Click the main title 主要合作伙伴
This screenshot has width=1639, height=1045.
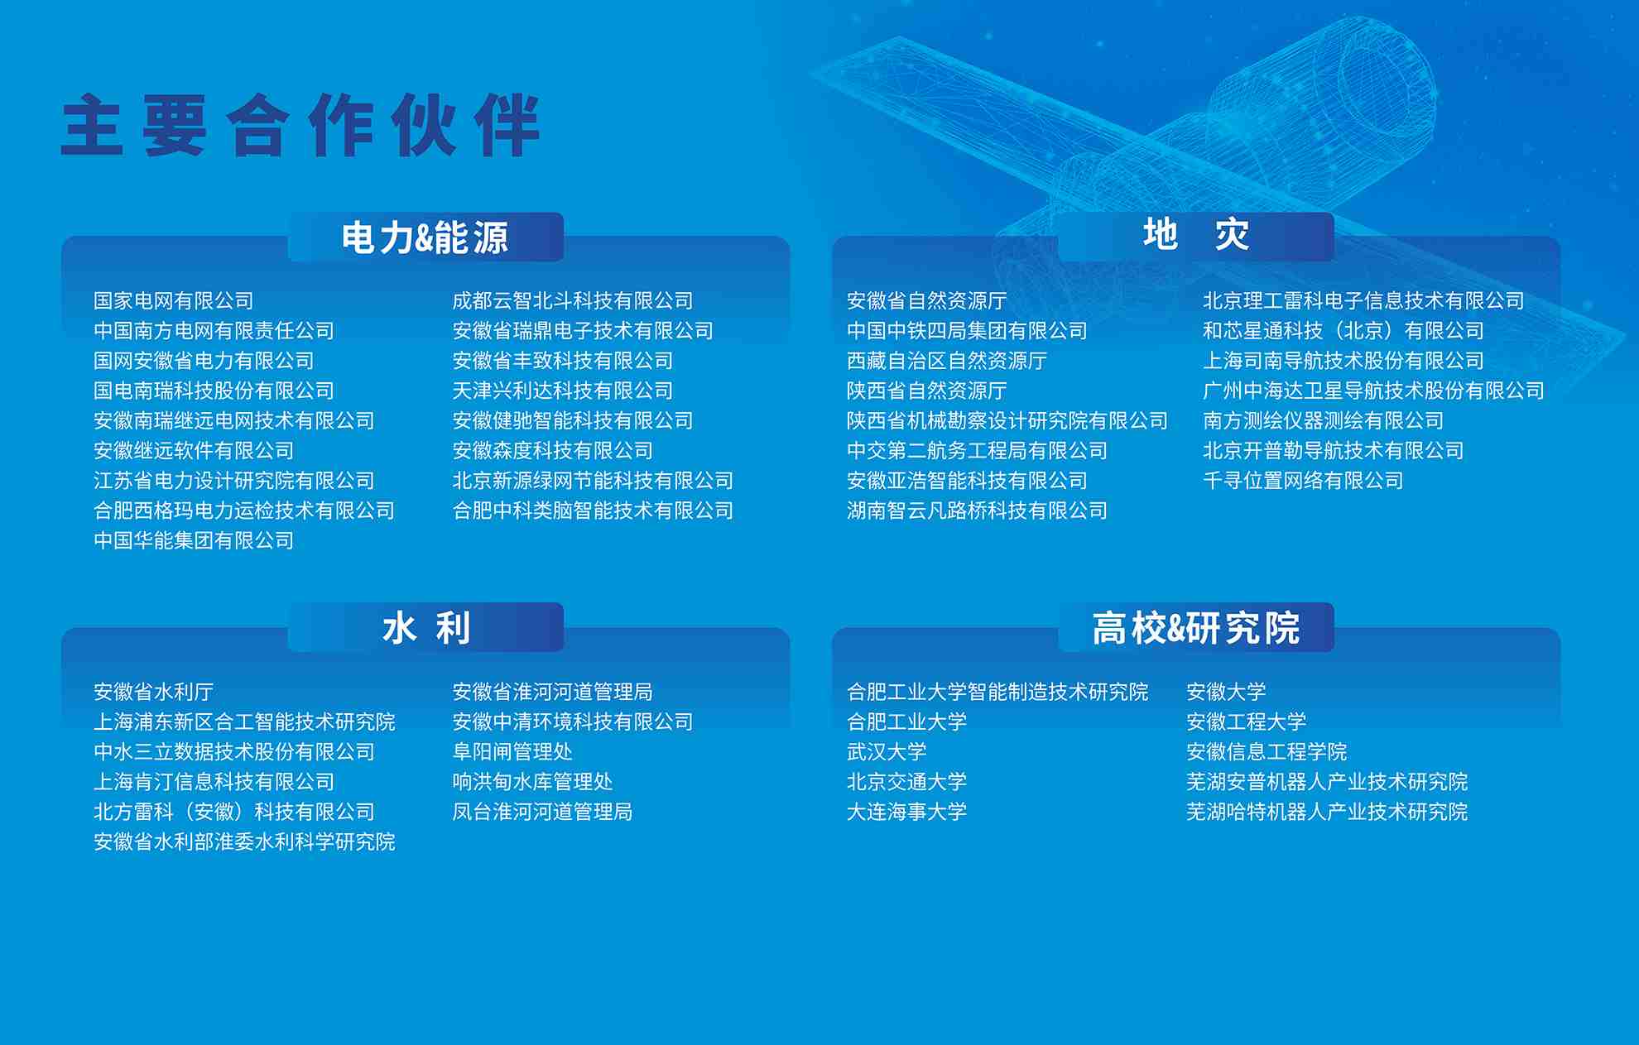point(300,125)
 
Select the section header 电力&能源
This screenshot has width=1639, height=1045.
point(425,237)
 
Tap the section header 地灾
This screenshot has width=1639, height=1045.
point(1196,235)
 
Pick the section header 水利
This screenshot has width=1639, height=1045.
point(426,628)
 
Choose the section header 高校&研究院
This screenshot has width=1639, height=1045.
point(1196,628)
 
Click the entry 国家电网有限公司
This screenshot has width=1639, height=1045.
point(174,301)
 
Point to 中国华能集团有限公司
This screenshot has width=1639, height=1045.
point(194,541)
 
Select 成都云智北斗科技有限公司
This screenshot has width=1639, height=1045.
point(573,301)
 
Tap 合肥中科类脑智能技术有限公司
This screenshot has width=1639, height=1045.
point(593,511)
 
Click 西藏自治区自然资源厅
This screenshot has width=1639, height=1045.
point(947,361)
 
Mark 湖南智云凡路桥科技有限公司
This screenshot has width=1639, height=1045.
point(977,511)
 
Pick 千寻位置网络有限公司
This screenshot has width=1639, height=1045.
point(1303,481)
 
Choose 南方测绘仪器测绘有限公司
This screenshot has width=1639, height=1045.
point(1323,421)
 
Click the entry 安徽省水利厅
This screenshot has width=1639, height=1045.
point(154,692)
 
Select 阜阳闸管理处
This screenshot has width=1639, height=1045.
point(512,752)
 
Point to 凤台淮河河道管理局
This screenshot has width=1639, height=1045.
point(542,812)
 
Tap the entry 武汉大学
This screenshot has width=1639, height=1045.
point(887,752)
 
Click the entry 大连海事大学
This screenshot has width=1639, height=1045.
point(906,812)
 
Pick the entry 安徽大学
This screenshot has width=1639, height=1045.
point(1226,692)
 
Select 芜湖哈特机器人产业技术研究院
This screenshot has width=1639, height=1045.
point(1327,812)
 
